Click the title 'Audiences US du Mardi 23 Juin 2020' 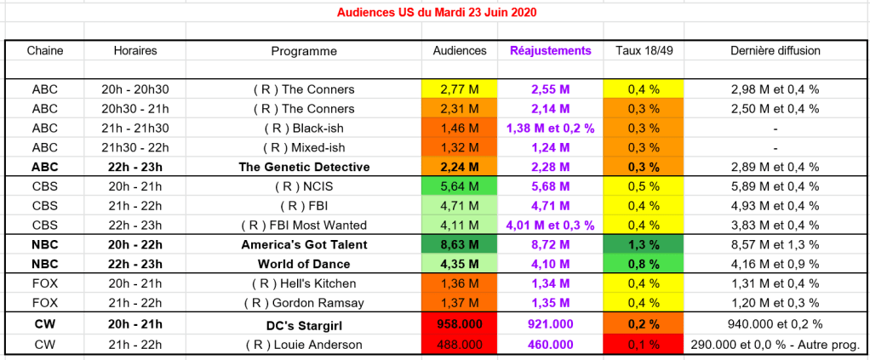coord(437,13)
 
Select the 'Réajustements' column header coord(550,51)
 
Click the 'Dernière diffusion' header coord(776,51)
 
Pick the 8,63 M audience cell coord(460,244)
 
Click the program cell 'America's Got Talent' coord(304,244)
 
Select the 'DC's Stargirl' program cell coord(304,324)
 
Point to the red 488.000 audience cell coord(460,345)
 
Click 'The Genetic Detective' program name coord(304,167)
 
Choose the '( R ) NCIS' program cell coord(304,186)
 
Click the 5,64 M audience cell coord(460,186)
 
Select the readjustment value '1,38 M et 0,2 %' coord(550,128)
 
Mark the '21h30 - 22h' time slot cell coord(135,147)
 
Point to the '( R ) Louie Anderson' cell coord(304,345)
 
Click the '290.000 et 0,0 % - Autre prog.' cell coord(776,345)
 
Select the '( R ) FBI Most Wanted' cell coord(304,226)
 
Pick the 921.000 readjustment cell coord(550,324)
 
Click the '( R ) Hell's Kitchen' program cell coord(304,283)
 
